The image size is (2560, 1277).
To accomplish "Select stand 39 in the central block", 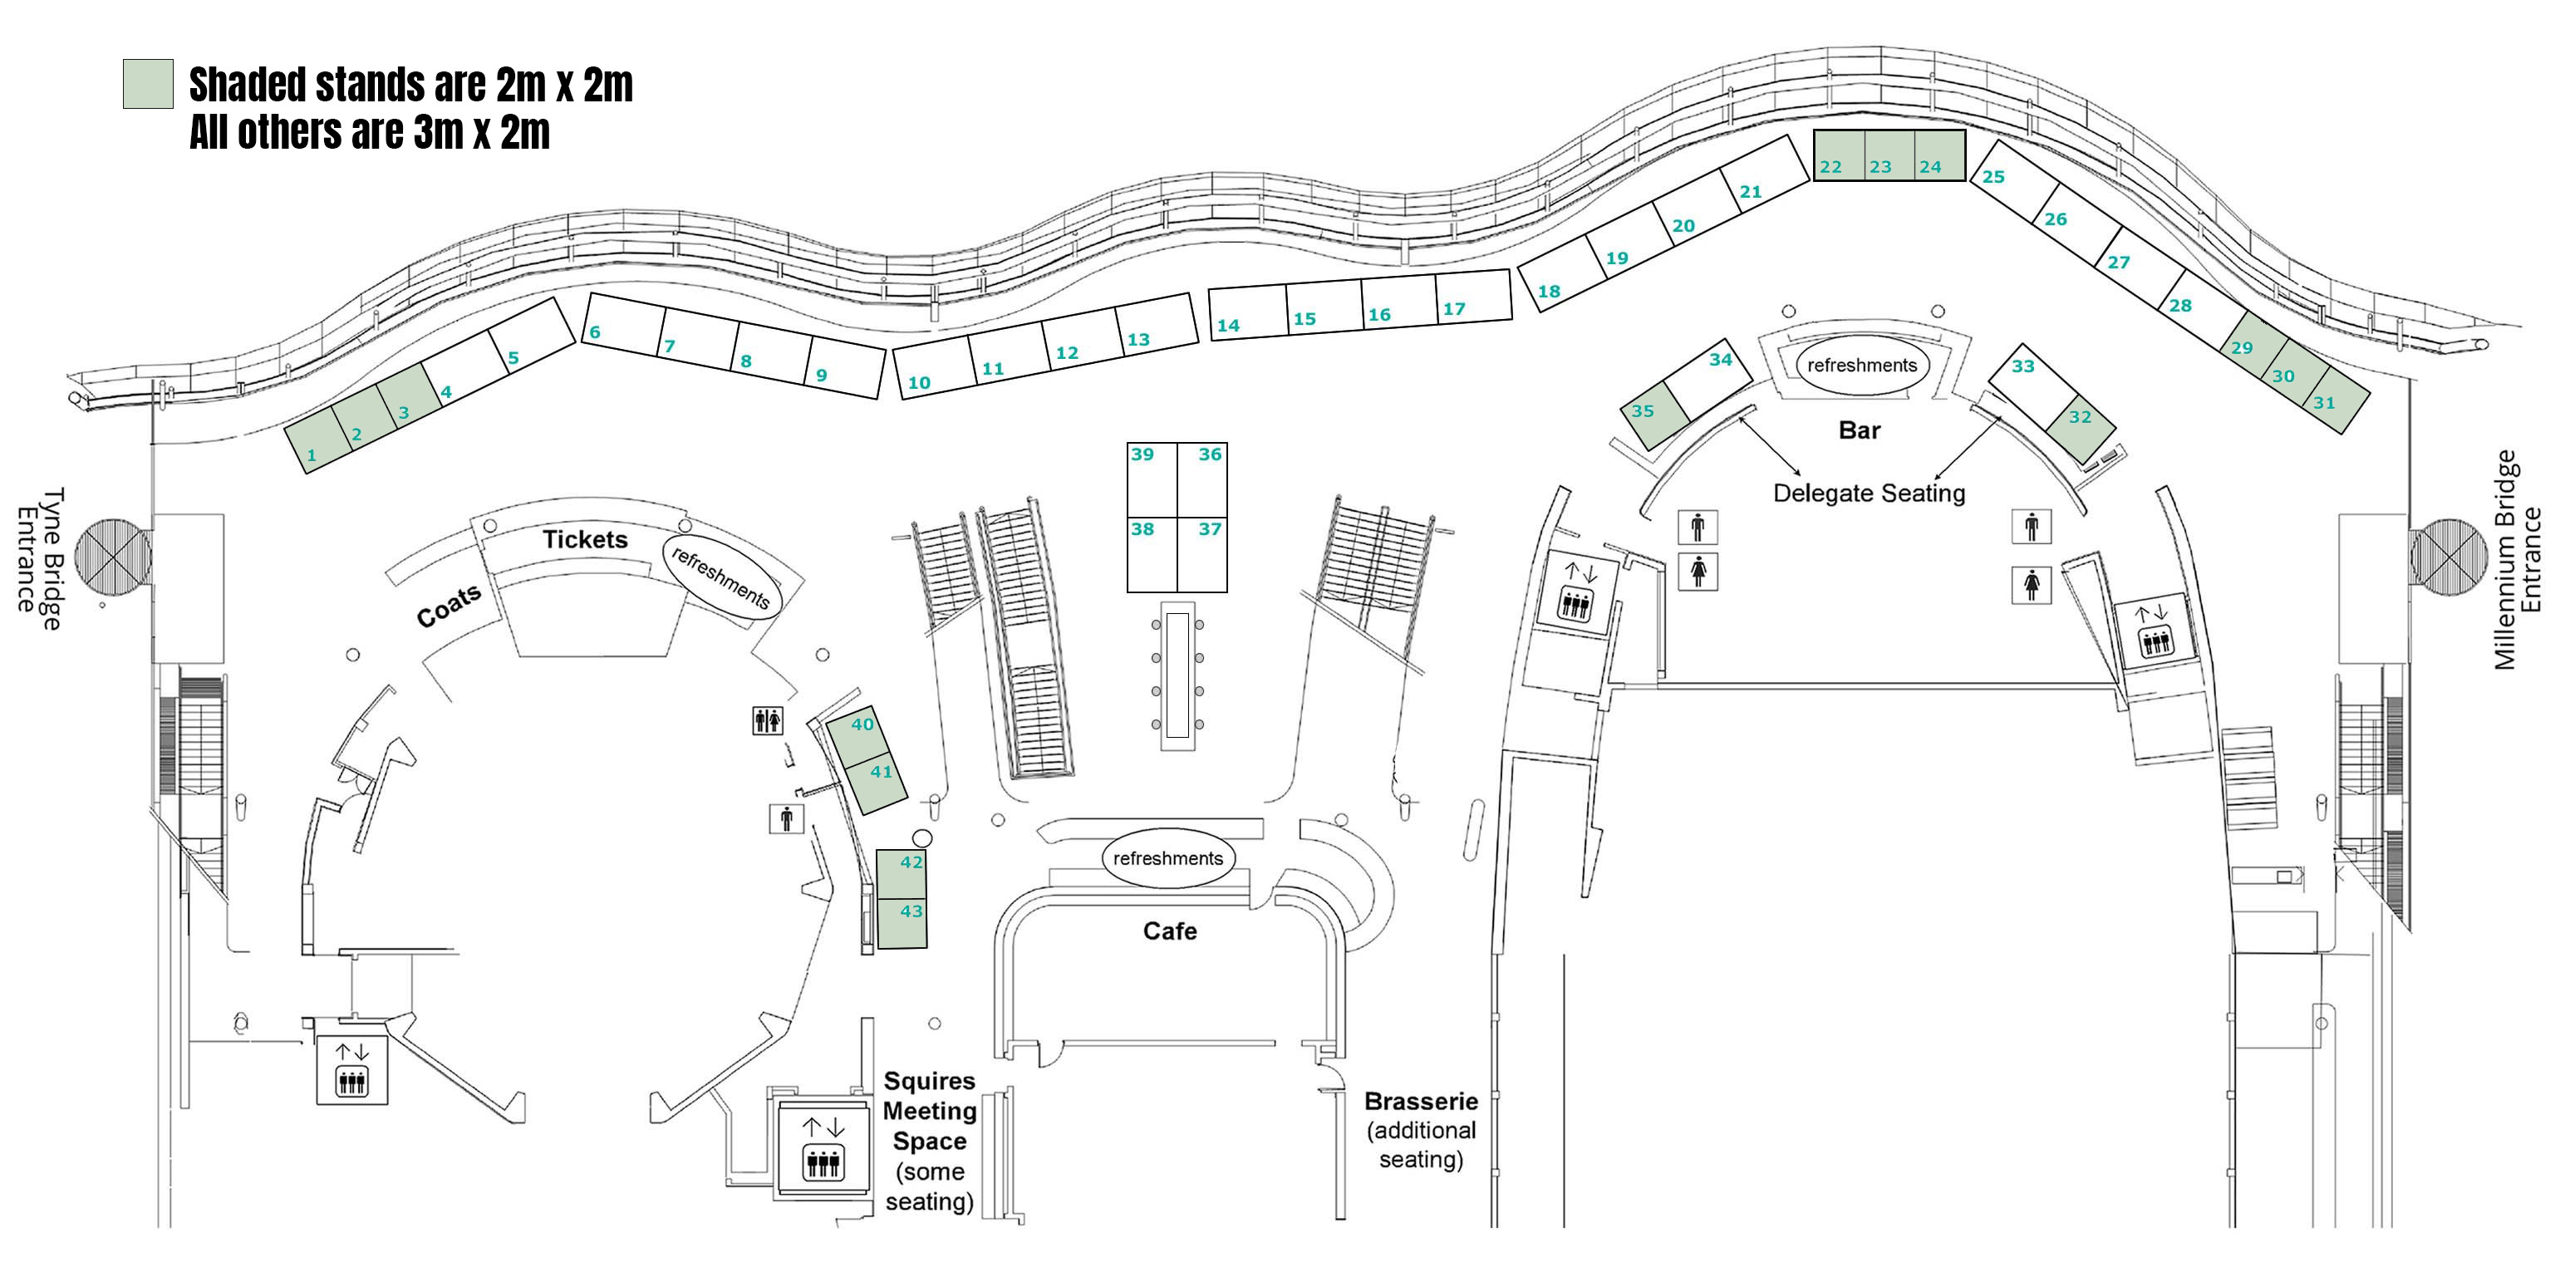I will [1152, 480].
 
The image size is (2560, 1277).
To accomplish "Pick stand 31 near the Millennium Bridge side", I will [2333, 400].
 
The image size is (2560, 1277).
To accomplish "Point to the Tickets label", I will [585, 539].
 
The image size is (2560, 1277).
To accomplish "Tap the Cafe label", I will [1170, 931].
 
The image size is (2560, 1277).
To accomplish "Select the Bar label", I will [1859, 430].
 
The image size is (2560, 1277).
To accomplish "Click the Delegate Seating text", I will [1869, 493].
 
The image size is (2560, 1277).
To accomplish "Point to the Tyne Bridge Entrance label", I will [40, 558].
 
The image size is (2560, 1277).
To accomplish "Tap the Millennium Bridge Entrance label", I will [2518, 559].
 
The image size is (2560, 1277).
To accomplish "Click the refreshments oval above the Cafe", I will [1167, 858].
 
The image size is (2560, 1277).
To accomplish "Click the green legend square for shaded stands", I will [148, 83].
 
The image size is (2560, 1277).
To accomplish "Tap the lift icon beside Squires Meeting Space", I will [823, 1149].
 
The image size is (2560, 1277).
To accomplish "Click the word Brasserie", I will [1420, 1101].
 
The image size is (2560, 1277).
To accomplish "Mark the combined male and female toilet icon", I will [767, 720].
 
